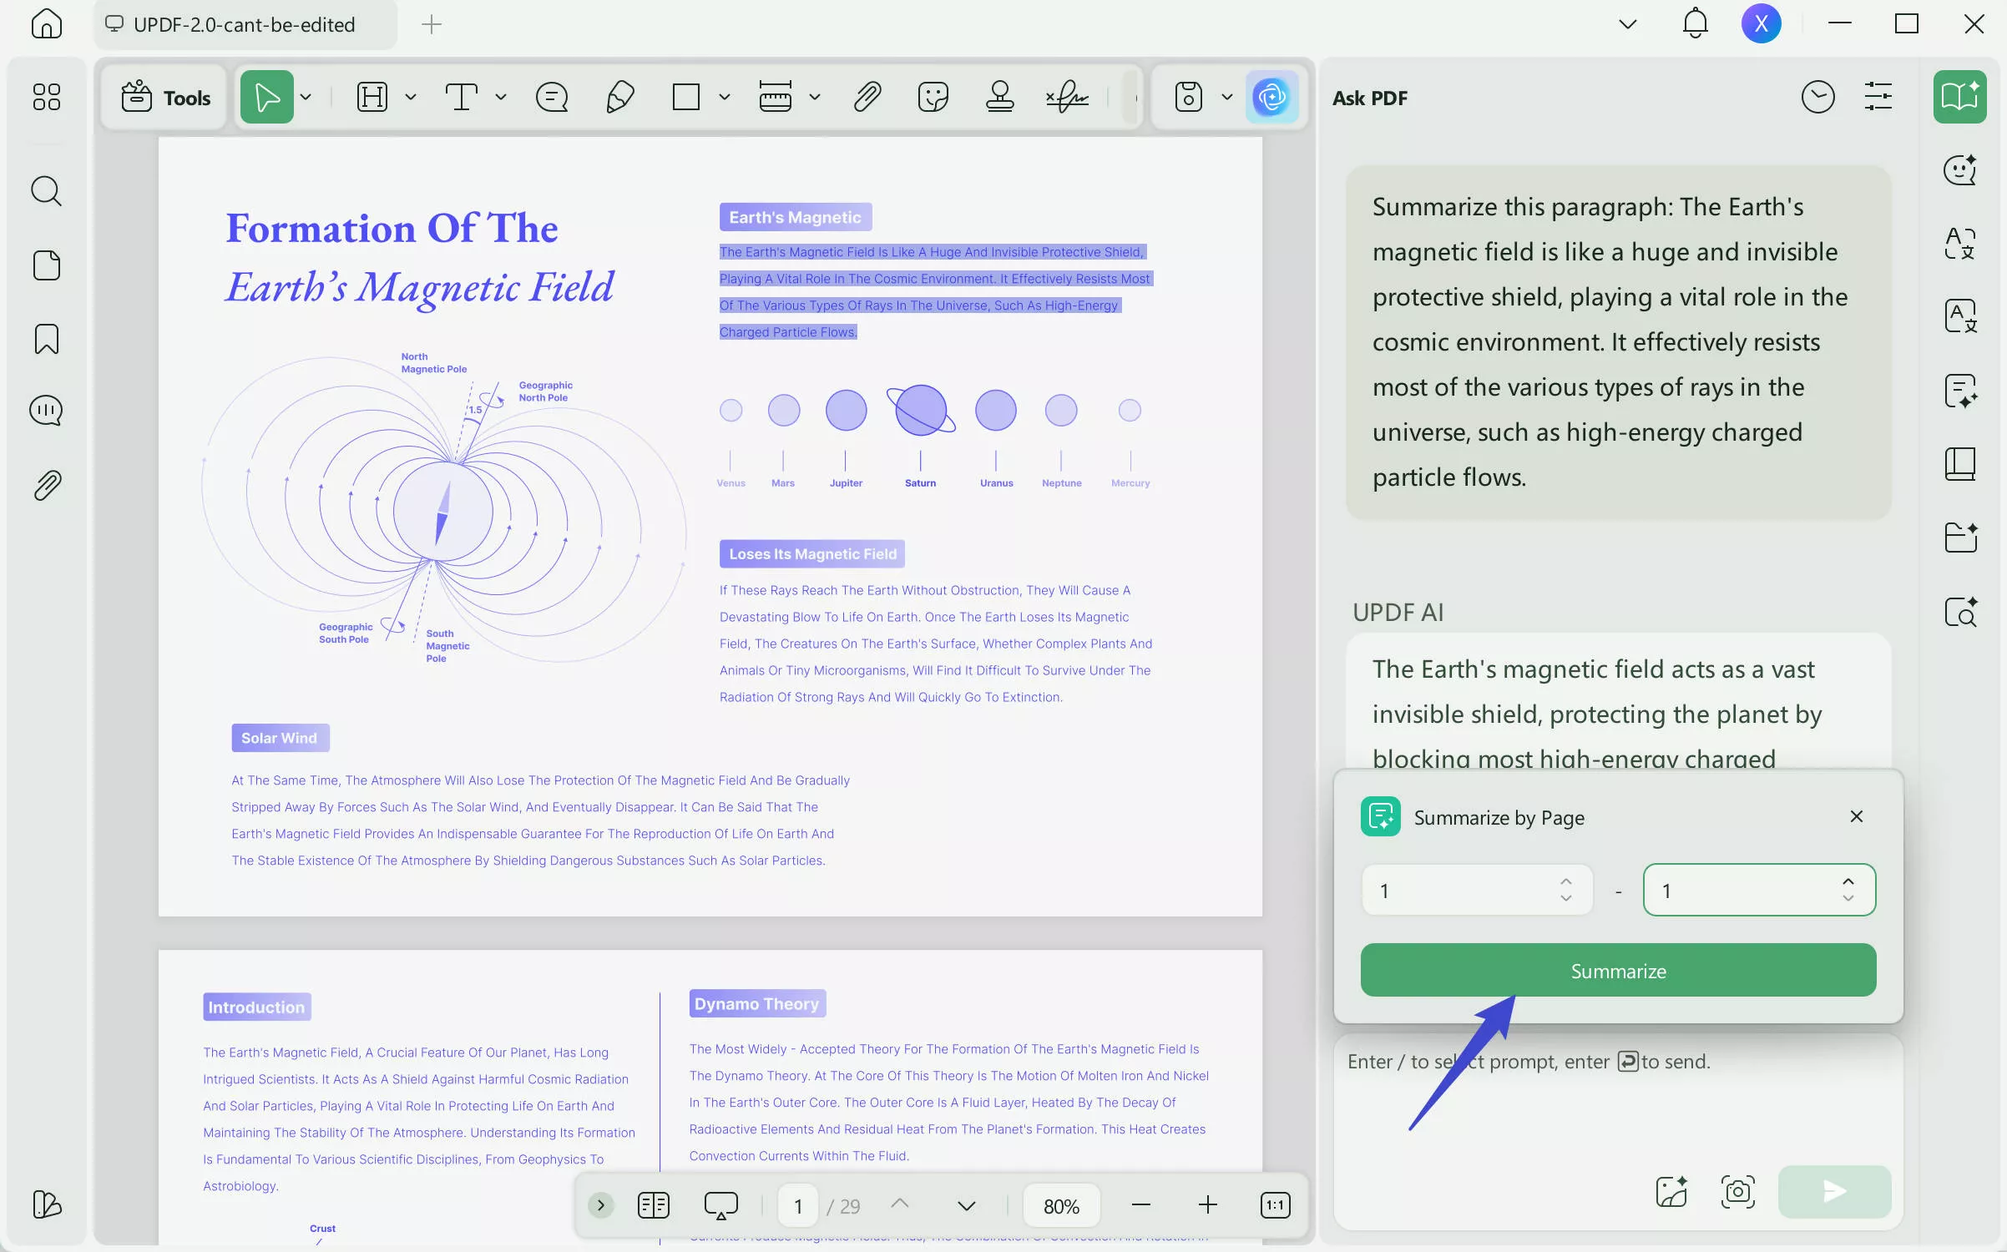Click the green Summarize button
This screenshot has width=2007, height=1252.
(1618, 970)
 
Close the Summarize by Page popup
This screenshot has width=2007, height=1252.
(1856, 816)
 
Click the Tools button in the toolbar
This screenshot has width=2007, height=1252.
(165, 98)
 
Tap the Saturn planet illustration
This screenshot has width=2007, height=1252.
(920, 410)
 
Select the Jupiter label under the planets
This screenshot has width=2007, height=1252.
(846, 483)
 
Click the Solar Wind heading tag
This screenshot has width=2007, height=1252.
(280, 738)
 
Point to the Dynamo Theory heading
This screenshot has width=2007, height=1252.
(756, 1003)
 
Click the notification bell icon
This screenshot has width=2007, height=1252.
(1695, 23)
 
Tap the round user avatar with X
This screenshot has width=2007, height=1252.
(1761, 23)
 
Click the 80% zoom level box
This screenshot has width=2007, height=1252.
(1061, 1205)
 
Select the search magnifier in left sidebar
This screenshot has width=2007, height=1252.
(46, 191)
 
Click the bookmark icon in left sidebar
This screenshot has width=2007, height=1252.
(46, 339)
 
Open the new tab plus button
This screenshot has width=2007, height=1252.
(432, 24)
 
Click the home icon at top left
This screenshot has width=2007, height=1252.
(46, 23)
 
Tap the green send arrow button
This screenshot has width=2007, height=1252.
(1834, 1191)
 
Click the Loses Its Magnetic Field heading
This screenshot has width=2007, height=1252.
(812, 554)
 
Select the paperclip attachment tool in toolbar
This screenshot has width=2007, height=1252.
(867, 97)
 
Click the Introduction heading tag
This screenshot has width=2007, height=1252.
(256, 1007)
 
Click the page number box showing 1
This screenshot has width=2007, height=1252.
(798, 1205)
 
